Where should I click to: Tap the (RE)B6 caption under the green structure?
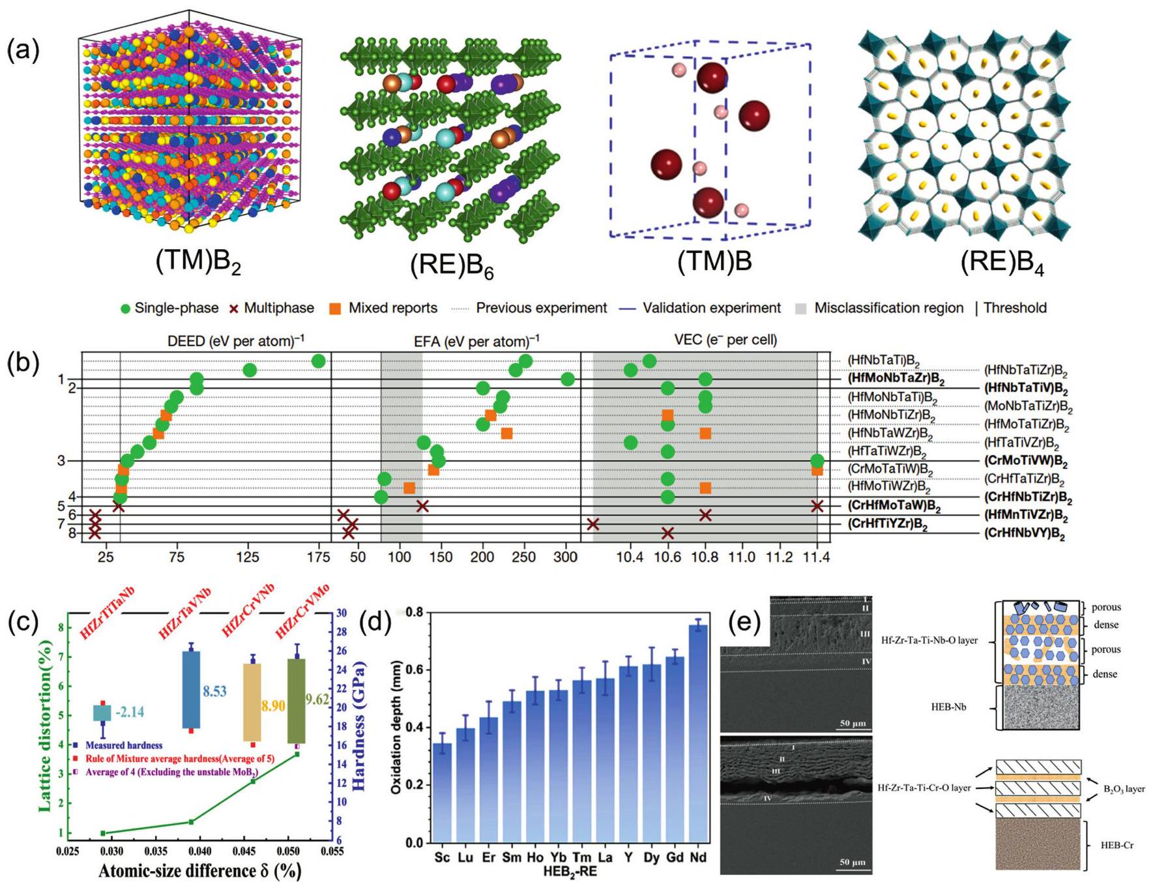[x=451, y=265]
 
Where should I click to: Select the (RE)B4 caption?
[x=1002, y=263]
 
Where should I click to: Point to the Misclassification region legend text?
[x=888, y=308]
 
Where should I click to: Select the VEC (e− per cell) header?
[x=725, y=340]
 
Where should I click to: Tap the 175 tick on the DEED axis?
[x=318, y=557]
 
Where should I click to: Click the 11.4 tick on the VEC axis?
[x=816, y=557]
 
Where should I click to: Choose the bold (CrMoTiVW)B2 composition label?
[x=1025, y=462]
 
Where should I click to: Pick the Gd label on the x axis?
[x=675, y=857]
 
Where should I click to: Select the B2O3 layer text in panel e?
[x=1124, y=789]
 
